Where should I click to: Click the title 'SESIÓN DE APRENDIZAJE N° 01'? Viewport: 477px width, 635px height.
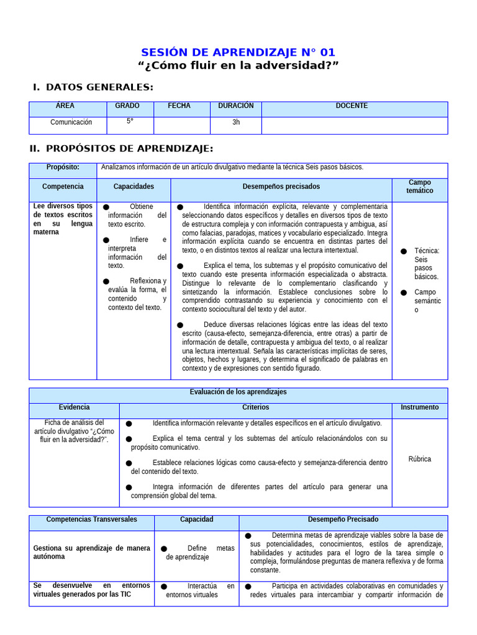238,53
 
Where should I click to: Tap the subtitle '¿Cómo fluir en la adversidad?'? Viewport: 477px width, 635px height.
238,66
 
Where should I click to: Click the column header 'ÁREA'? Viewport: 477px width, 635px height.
65,106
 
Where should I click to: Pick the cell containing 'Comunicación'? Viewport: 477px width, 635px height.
71,122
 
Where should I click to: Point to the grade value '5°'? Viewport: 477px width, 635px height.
130,122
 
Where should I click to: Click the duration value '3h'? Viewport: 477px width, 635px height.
236,122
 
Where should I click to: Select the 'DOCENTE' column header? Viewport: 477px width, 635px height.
352,106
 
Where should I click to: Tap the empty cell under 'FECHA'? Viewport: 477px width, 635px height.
179,125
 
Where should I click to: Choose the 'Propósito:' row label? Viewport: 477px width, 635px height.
63,167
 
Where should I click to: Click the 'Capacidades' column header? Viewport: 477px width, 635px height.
134,187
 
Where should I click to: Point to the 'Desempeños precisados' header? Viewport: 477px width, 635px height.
281,187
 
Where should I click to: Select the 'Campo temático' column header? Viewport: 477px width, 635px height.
420,187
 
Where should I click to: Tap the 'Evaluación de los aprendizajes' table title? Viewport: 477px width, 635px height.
238,393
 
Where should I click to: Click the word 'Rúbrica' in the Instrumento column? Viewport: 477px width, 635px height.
419,460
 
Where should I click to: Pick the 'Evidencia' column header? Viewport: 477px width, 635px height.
74,407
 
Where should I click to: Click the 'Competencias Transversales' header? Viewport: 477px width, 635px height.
91,520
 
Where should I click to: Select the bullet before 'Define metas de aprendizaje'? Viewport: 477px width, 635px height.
164,549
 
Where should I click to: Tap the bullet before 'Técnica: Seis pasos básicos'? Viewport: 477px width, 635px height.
404,251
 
